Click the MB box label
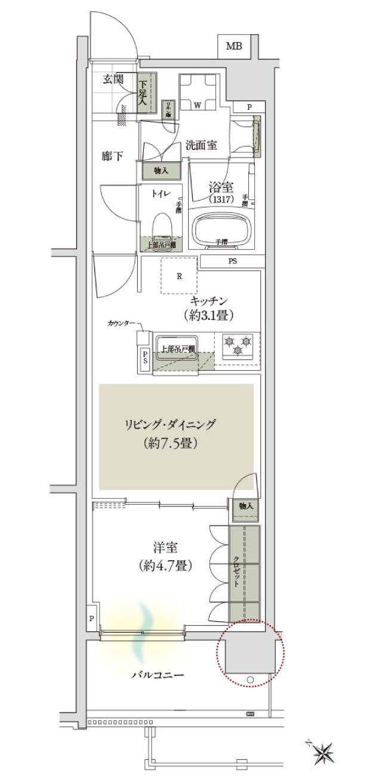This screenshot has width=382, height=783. pyautogui.click(x=234, y=47)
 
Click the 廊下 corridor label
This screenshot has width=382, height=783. pyautogui.click(x=112, y=156)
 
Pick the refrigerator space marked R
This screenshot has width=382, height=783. pyautogui.click(x=179, y=275)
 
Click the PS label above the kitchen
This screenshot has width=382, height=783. pyautogui.click(x=232, y=261)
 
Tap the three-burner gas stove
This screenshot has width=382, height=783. pyautogui.click(x=238, y=346)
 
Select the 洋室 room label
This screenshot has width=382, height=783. pyautogui.click(x=162, y=547)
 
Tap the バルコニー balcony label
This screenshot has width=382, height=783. pyautogui.click(x=158, y=675)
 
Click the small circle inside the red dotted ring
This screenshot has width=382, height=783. pyautogui.click(x=250, y=679)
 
